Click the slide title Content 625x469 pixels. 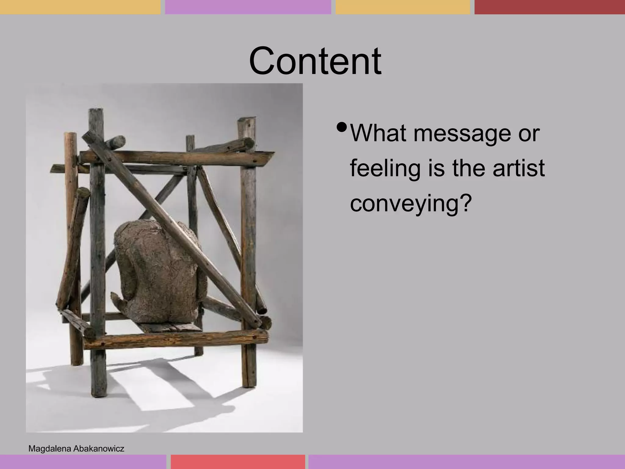pos(315,61)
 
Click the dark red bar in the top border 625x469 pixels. pos(549,7)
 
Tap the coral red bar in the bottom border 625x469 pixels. pos(238,462)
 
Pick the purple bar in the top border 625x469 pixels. pos(248,7)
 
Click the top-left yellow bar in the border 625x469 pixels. pos(80,7)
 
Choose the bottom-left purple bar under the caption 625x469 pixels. pos(83,462)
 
